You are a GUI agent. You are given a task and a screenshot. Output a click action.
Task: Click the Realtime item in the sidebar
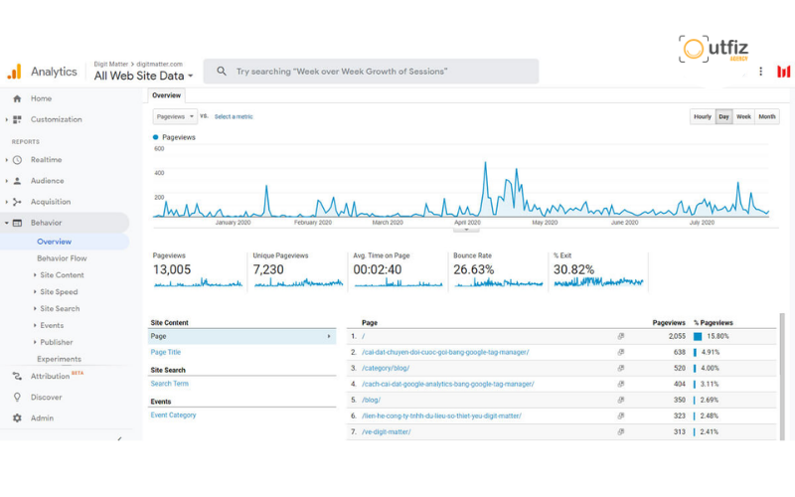click(46, 160)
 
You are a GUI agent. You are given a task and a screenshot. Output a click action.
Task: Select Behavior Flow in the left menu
click(62, 258)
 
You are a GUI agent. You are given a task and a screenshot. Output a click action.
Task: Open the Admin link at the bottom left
click(42, 418)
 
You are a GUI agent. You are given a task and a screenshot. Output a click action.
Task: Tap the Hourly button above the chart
click(702, 117)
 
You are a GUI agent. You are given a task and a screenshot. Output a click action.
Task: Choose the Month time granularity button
click(767, 117)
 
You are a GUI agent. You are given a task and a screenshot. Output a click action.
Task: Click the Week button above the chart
click(743, 117)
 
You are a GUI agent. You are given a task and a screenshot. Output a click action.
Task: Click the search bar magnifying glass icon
click(222, 72)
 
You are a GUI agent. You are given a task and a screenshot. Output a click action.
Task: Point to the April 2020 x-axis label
click(466, 223)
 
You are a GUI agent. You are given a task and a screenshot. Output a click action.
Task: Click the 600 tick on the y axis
click(158, 149)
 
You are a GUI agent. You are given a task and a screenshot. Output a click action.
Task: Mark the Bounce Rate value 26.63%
click(473, 270)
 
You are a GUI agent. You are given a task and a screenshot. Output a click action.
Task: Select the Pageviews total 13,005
click(172, 270)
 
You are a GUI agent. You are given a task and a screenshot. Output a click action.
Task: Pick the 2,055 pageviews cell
click(674, 336)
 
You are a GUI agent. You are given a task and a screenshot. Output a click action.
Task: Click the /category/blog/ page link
click(386, 368)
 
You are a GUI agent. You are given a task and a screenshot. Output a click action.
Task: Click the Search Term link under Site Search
click(169, 384)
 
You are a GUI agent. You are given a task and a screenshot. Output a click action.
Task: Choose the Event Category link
click(173, 415)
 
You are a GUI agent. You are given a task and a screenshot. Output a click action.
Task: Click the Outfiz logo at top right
click(714, 50)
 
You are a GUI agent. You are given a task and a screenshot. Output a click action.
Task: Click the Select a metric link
click(234, 117)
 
